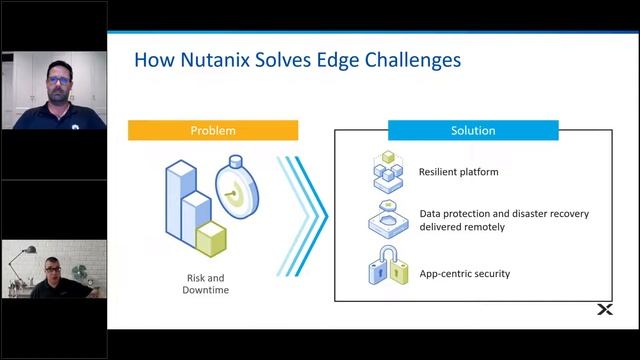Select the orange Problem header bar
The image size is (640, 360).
coord(213,131)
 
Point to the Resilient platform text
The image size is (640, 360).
coord(458,172)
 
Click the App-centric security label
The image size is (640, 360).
coord(465,272)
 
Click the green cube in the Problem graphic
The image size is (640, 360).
coord(214,238)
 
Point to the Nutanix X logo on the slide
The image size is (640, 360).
coord(604,311)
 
